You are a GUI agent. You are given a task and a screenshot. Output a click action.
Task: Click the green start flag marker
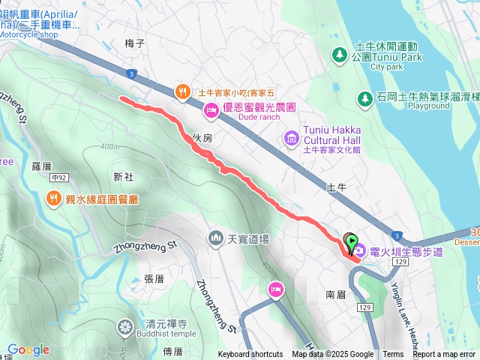click(352, 242)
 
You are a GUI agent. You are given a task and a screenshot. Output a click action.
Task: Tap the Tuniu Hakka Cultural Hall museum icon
click(291, 139)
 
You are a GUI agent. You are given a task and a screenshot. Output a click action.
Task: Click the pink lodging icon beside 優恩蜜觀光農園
click(212, 112)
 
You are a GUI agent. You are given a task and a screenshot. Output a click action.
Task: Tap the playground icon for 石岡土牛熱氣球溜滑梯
click(365, 98)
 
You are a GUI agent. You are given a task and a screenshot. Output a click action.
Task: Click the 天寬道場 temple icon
click(216, 238)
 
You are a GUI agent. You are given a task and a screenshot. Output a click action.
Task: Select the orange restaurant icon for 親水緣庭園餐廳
click(53, 199)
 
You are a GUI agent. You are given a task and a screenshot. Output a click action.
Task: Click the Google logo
click(28, 349)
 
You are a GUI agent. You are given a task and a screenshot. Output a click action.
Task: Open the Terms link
click(393, 355)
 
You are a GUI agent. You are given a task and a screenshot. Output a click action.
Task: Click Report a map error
click(445, 355)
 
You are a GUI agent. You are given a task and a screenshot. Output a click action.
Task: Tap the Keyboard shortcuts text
click(250, 355)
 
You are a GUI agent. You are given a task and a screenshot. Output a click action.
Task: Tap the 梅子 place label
click(135, 43)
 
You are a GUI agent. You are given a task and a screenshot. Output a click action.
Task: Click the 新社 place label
click(123, 177)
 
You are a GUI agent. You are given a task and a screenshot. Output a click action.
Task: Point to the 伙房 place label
click(202, 138)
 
